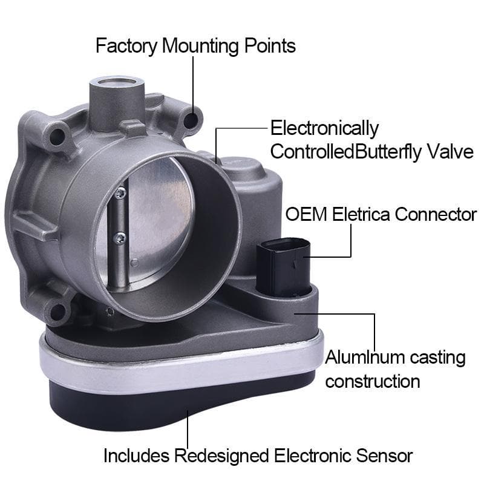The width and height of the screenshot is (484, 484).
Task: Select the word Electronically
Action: [324, 128]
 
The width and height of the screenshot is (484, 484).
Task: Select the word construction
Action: [373, 381]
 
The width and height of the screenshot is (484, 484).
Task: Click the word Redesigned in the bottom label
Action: [222, 455]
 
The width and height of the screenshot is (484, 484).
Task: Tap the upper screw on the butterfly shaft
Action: [121, 193]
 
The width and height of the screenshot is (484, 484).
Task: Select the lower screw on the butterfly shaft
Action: [121, 237]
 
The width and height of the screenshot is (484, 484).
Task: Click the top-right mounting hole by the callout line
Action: [192, 120]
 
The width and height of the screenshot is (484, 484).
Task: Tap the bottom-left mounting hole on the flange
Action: [58, 312]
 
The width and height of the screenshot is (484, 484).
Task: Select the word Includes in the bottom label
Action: [137, 455]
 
